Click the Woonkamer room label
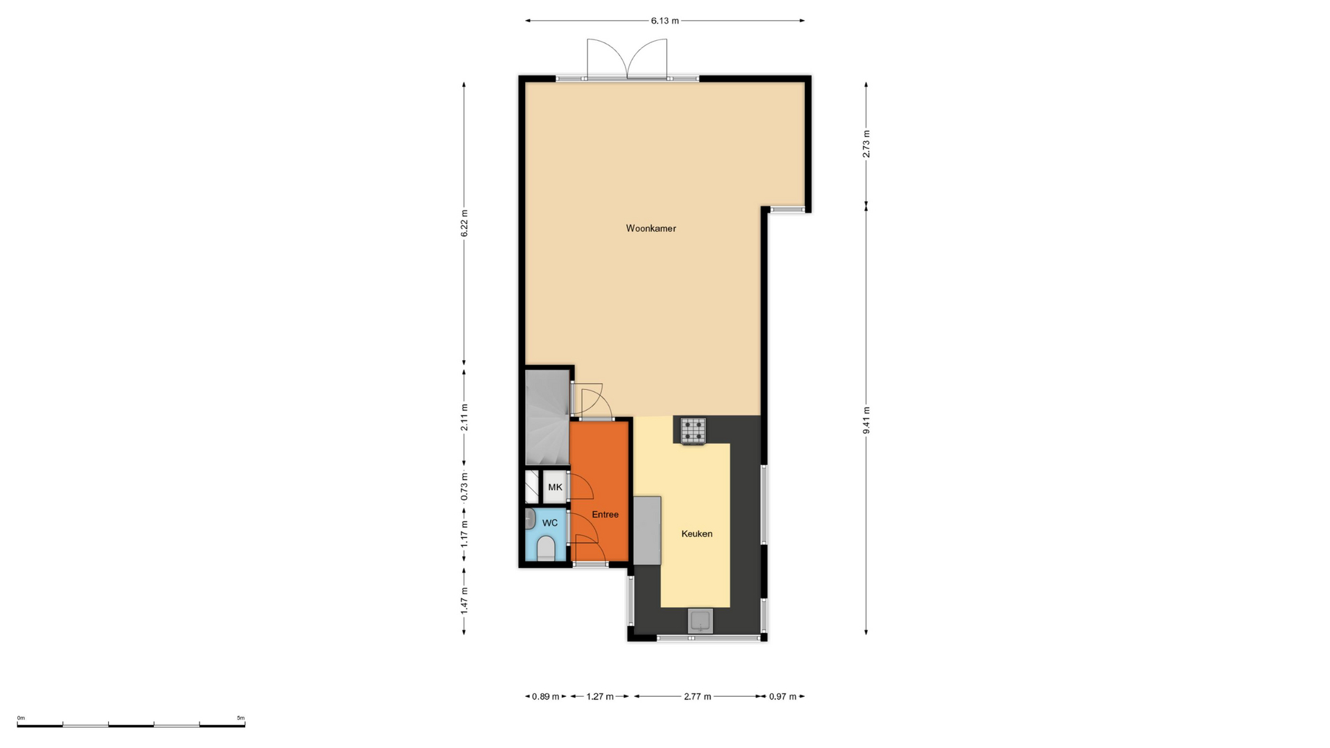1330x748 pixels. pyautogui.click(x=650, y=229)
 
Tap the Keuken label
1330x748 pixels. pyautogui.click(x=696, y=534)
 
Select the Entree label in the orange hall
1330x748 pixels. pyautogui.click(x=605, y=515)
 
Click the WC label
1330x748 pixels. pyautogui.click(x=550, y=523)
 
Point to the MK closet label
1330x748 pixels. pyautogui.click(x=555, y=488)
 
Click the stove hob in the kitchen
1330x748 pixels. pyautogui.click(x=693, y=431)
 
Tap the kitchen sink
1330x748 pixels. pyautogui.click(x=700, y=621)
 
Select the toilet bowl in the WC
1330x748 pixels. pyautogui.click(x=546, y=548)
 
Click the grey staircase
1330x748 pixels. pyautogui.click(x=547, y=418)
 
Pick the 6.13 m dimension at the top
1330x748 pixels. pyautogui.click(x=664, y=21)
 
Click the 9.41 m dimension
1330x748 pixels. pyautogui.click(x=866, y=420)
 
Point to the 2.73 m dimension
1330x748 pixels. pyautogui.click(x=866, y=144)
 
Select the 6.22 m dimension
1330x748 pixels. pyautogui.click(x=464, y=224)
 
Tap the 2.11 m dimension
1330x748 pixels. pyautogui.click(x=464, y=418)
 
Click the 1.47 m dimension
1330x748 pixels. pyautogui.click(x=464, y=600)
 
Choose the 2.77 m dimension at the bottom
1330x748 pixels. pyautogui.click(x=698, y=697)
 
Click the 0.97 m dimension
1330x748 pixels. pyautogui.click(x=783, y=697)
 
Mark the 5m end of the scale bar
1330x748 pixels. pyautogui.click(x=245, y=725)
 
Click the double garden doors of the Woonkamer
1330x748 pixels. pyautogui.click(x=627, y=60)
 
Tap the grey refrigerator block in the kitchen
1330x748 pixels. pyautogui.click(x=647, y=531)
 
